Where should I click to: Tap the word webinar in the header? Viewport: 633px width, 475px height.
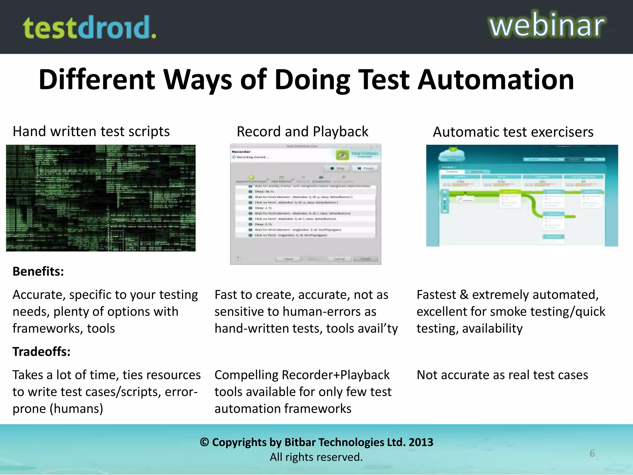(546, 25)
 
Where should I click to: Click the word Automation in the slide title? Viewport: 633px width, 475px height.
(496, 80)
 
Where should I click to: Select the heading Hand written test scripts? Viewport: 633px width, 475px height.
(91, 131)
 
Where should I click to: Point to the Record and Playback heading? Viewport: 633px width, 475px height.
(302, 132)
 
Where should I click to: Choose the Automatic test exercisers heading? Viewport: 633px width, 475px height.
(513, 132)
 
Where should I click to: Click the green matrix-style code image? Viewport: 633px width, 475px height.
(101, 198)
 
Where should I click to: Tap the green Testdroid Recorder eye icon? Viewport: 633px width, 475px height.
(342, 155)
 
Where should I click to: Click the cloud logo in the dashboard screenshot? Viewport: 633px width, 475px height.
(452, 154)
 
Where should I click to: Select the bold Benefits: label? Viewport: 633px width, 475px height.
(38, 272)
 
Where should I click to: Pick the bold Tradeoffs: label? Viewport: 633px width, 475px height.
(41, 352)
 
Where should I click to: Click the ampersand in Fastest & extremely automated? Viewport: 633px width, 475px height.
(464, 295)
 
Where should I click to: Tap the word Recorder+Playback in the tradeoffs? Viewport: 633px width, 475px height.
(336, 375)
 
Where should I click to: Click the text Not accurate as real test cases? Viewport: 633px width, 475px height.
(502, 375)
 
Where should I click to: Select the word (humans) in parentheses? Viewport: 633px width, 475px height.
(76, 409)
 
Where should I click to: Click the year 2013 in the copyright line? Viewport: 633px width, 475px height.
(421, 442)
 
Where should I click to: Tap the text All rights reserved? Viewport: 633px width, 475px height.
(316, 457)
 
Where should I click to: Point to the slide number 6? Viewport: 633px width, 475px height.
(592, 453)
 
